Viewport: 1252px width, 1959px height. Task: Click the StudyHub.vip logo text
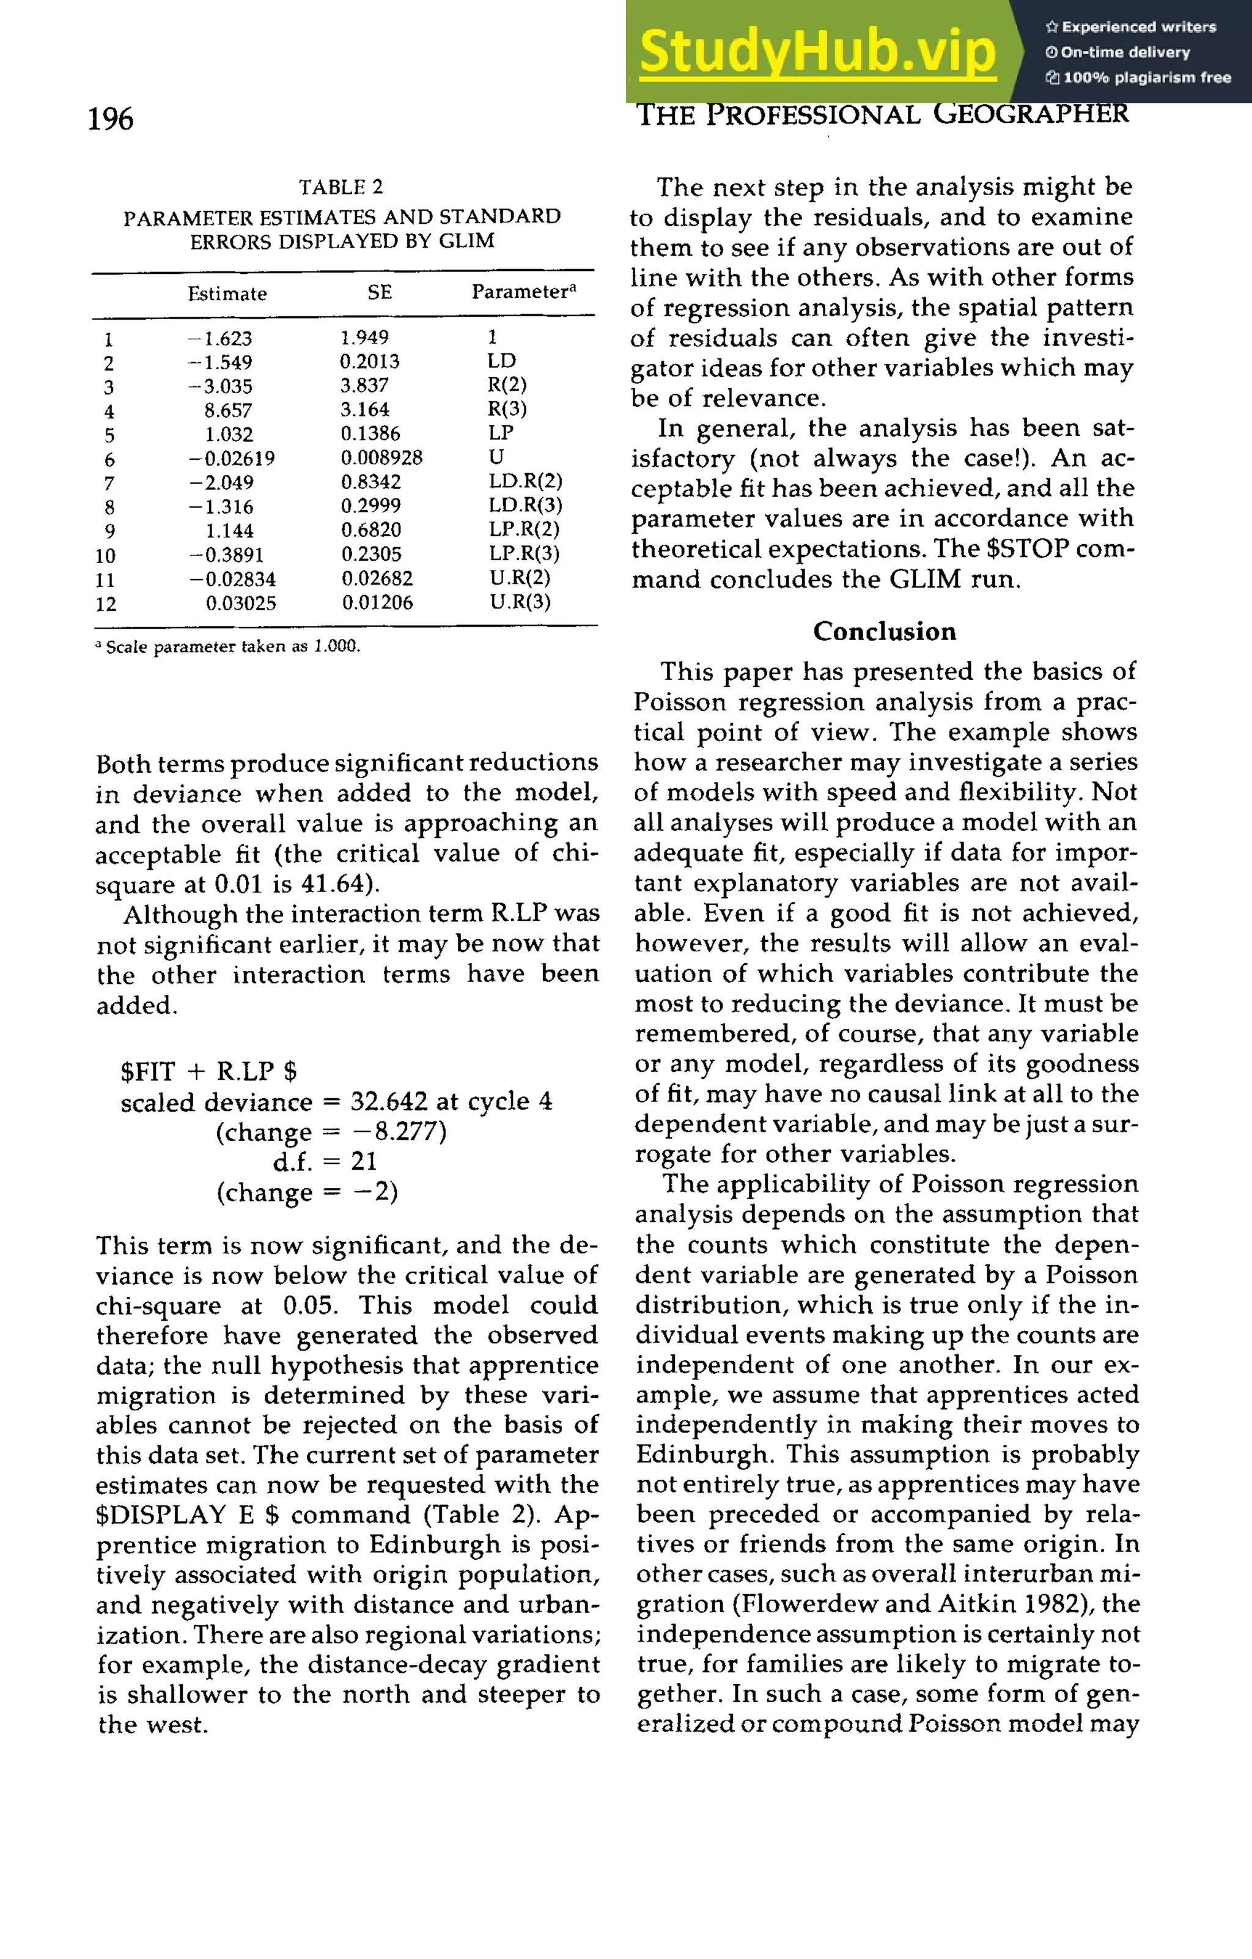tap(817, 52)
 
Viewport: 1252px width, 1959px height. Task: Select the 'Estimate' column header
tap(227, 293)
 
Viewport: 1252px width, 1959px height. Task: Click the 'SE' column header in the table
tap(379, 292)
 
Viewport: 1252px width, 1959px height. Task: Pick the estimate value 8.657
tap(228, 411)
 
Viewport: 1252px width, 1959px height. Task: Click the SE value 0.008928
tap(381, 458)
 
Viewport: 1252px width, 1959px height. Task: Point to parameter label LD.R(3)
tap(525, 505)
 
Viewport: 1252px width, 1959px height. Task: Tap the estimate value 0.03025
tap(240, 603)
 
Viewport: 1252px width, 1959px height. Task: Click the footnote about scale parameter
tap(228, 647)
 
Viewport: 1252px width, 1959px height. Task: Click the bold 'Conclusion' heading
tap(885, 632)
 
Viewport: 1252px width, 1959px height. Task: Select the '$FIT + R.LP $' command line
tap(208, 1071)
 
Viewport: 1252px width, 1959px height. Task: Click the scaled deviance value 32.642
tap(389, 1102)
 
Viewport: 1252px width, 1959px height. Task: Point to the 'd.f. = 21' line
tap(324, 1162)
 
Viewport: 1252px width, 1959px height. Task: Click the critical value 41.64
tap(334, 884)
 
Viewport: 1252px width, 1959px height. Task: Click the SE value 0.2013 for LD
tap(369, 361)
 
